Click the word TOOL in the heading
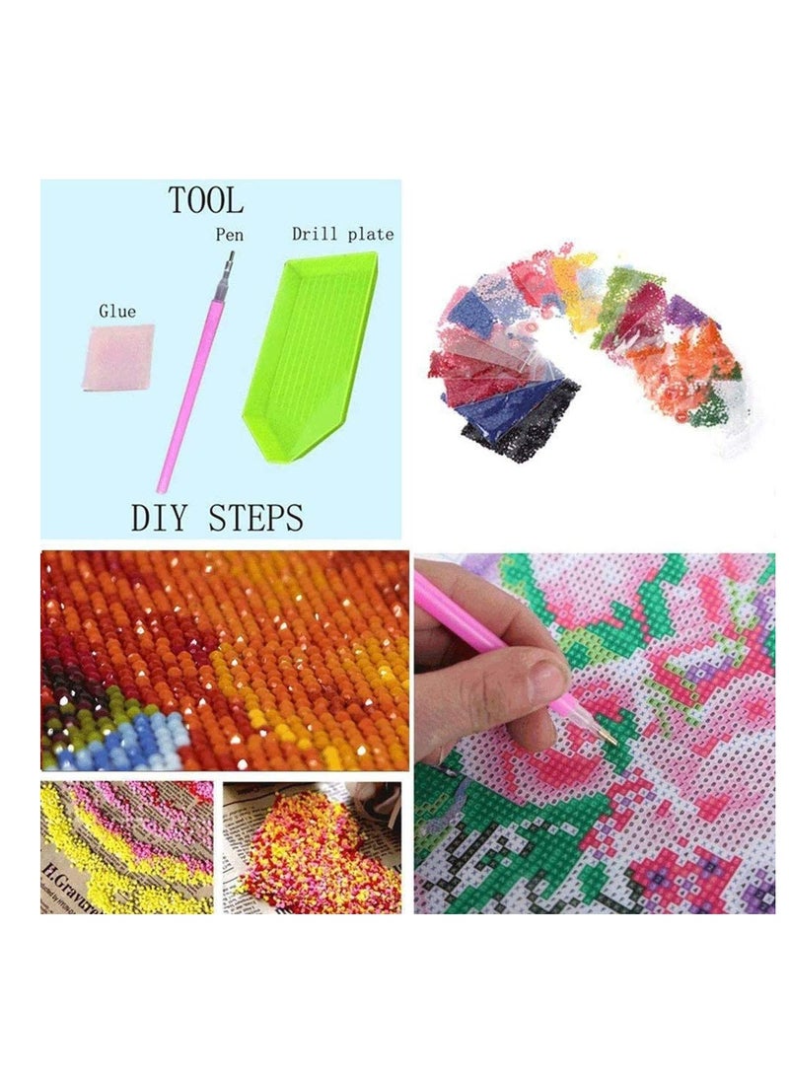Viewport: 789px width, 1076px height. coord(205,201)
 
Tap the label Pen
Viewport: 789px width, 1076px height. coord(229,236)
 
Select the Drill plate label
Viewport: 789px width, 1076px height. coord(342,235)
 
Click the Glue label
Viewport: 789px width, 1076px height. coord(117,312)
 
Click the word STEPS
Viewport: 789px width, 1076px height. coord(255,517)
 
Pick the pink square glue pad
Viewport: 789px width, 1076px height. coord(115,358)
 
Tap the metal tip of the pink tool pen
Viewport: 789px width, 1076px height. coord(230,264)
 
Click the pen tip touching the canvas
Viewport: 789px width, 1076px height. coord(609,740)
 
